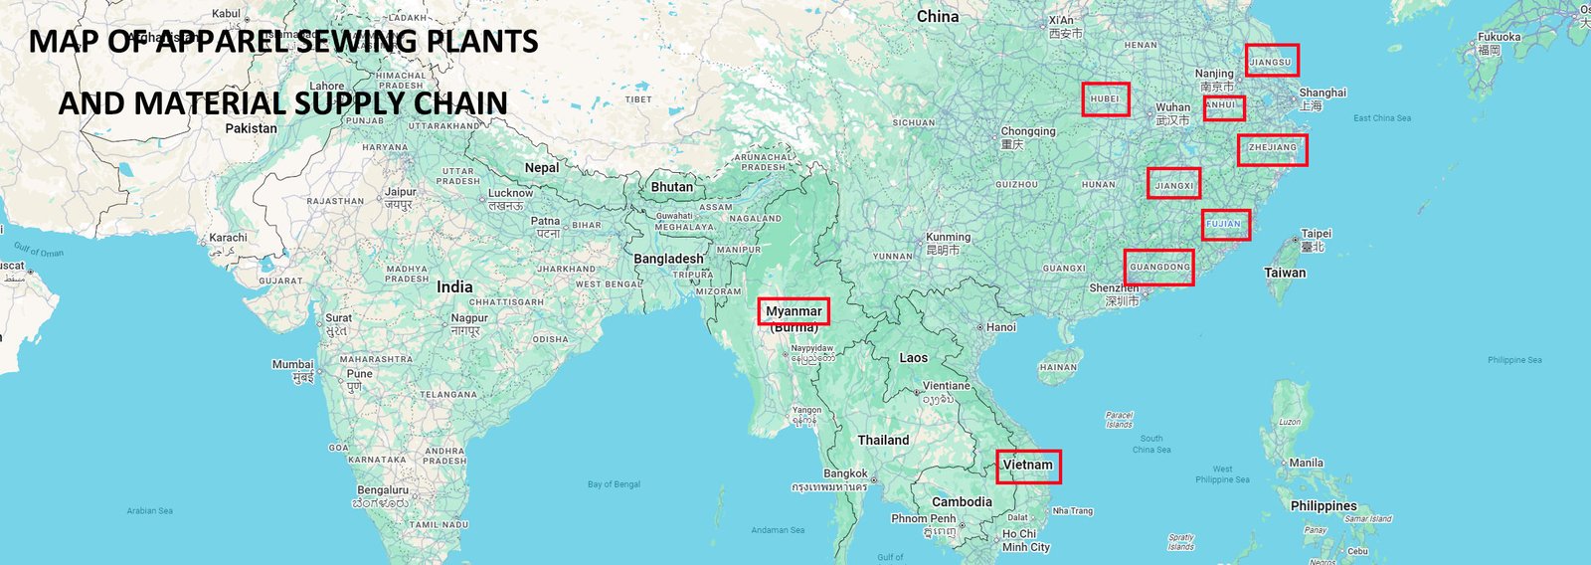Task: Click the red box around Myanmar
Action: click(x=793, y=311)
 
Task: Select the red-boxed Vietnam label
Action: click(x=1028, y=466)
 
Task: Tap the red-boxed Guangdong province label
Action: click(x=1158, y=267)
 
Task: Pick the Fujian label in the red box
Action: click(x=1225, y=224)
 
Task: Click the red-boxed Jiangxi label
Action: click(x=1173, y=184)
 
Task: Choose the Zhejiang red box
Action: click(x=1272, y=149)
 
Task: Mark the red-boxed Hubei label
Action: click(x=1106, y=99)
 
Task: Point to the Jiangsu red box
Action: click(x=1272, y=61)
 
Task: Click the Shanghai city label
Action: click(x=1322, y=93)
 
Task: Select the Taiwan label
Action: click(x=1285, y=273)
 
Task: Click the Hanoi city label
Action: click(x=1000, y=327)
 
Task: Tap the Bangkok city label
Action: click(x=845, y=473)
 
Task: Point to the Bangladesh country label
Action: click(x=668, y=259)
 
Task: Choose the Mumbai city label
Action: click(x=293, y=365)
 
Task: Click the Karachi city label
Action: click(x=228, y=238)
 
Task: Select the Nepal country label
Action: click(x=542, y=168)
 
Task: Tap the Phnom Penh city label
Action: click(x=924, y=518)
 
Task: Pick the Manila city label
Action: click(x=1306, y=463)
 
